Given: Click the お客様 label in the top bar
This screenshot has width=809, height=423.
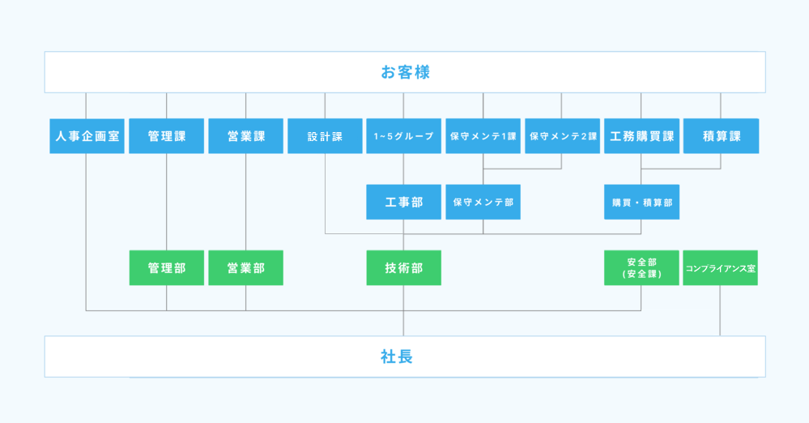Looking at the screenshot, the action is point(405,72).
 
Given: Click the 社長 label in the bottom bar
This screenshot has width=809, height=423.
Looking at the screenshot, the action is point(396,357).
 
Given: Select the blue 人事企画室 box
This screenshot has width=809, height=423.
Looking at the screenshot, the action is point(87,136).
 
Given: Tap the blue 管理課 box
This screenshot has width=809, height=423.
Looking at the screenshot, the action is point(167,136).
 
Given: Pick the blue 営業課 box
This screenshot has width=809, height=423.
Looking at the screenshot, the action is point(245,136).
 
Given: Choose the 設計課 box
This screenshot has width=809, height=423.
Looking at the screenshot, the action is point(325,136).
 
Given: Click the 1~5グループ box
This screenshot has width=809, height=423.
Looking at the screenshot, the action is point(404,136).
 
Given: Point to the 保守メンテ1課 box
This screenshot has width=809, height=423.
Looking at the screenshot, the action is point(483,136).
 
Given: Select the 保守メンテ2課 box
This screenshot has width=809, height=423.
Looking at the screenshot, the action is point(562,136).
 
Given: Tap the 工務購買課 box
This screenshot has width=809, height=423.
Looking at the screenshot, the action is point(642,136).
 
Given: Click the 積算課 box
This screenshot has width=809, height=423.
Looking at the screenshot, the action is point(722,136).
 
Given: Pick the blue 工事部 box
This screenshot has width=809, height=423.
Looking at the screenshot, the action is point(404,202).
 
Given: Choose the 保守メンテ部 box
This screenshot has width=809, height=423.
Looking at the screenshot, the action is point(483,202).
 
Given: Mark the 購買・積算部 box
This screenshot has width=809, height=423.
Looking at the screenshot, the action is point(642,202).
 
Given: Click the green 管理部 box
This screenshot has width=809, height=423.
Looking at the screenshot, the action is point(167,267).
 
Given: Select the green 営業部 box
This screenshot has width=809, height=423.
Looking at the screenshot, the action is point(245,267).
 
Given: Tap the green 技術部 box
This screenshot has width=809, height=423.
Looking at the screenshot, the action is point(404,267).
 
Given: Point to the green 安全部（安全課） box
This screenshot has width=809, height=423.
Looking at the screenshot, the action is point(642,267).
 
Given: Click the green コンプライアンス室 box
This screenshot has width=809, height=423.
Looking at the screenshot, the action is point(720,267).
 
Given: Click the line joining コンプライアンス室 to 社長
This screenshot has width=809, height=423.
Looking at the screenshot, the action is point(720,310).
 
